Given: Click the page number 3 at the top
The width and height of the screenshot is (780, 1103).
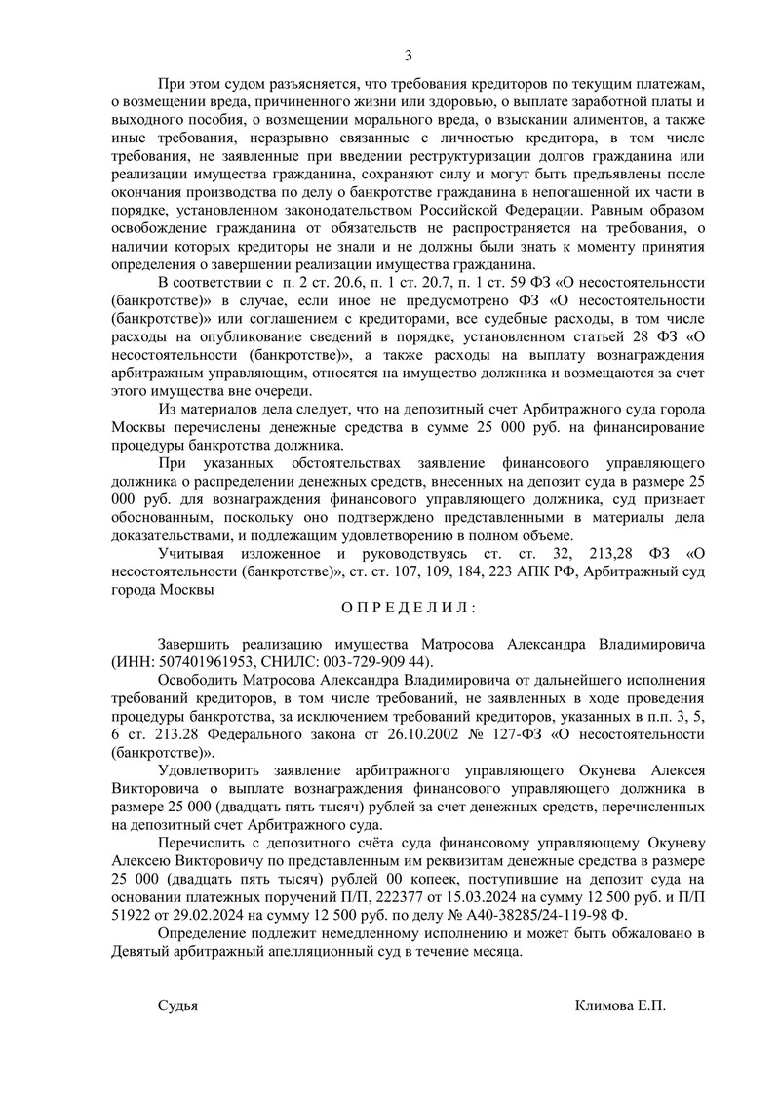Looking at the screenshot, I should (x=409, y=54).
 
